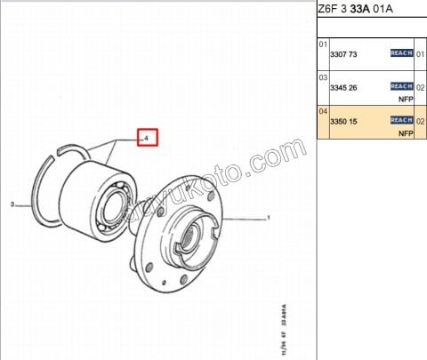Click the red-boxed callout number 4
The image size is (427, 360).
click(x=146, y=138)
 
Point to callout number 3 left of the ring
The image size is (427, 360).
click(x=13, y=205)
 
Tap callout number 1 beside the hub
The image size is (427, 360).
click(x=269, y=216)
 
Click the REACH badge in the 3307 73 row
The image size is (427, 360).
click(x=402, y=53)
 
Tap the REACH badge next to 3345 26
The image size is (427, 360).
click(x=402, y=86)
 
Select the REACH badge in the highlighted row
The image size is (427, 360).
click(x=402, y=119)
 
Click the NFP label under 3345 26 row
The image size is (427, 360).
click(x=406, y=100)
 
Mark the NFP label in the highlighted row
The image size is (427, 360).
click(x=406, y=132)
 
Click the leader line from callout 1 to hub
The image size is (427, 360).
click(x=245, y=216)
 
